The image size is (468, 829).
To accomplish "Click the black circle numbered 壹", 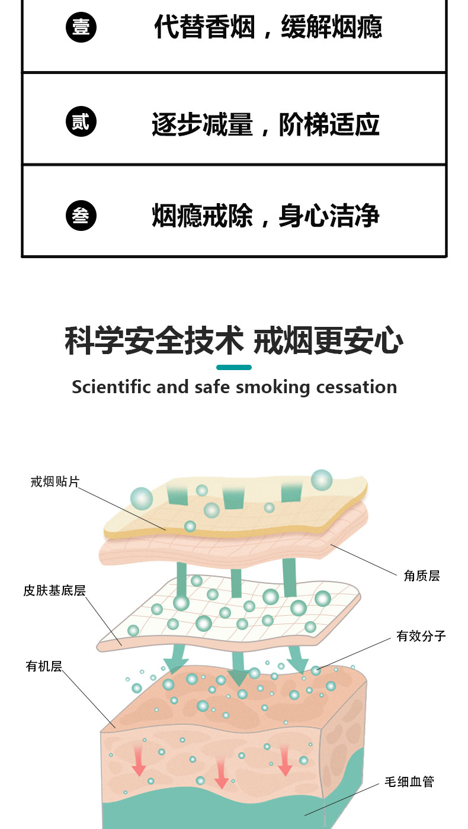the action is [x=81, y=27].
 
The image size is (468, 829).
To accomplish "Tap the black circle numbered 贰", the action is [x=81, y=122].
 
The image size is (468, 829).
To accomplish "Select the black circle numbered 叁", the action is [x=81, y=216].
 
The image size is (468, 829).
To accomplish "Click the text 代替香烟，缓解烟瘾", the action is [x=268, y=27].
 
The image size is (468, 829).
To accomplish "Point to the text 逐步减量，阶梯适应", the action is [x=265, y=124].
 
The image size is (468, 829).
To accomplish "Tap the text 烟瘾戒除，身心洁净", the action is [x=265, y=216].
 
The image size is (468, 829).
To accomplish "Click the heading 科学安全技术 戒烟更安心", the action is [x=234, y=342].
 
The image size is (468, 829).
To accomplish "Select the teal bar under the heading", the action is [x=234, y=368].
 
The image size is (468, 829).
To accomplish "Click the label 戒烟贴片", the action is [x=55, y=481].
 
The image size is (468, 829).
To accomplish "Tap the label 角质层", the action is [x=422, y=576].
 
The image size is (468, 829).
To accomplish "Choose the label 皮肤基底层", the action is [x=55, y=590].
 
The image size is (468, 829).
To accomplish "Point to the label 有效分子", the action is [x=421, y=637].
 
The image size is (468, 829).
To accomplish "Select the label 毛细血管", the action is [x=409, y=782].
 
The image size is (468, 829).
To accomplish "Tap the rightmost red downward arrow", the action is [x=285, y=761].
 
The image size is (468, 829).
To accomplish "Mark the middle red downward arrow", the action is [x=221, y=773].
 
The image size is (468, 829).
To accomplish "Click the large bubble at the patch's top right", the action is [x=322, y=480].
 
